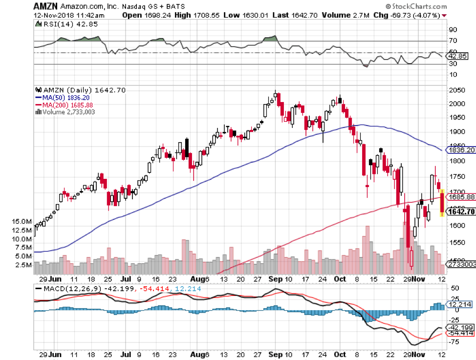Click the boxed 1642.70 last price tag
tap(462, 211)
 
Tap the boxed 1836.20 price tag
tap(462, 150)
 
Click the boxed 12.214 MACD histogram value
tap(460, 304)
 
